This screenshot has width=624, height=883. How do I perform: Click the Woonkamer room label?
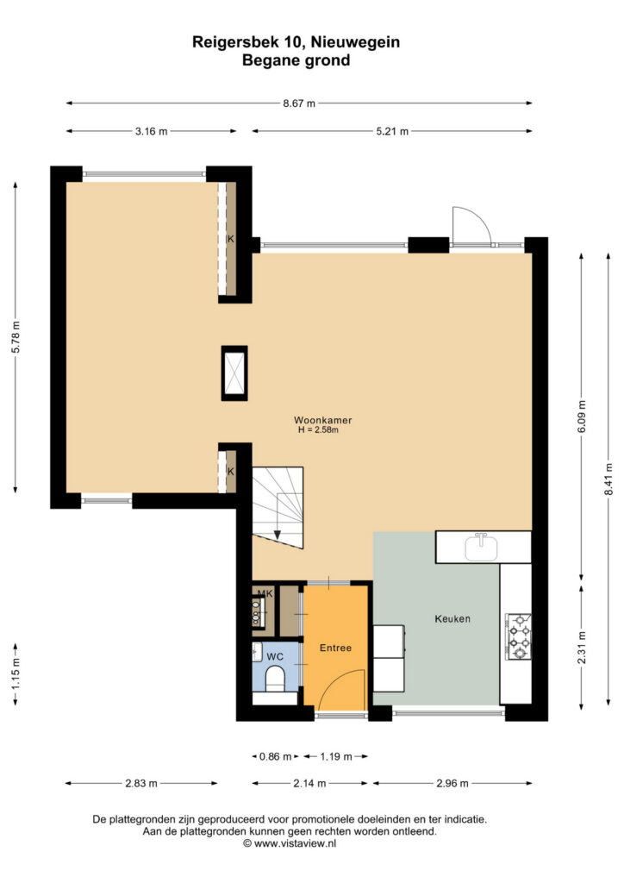pos(323,420)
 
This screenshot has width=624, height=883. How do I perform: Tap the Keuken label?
pos(452,619)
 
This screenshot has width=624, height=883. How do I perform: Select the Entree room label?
pos(335,648)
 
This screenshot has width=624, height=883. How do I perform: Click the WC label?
pos(275,656)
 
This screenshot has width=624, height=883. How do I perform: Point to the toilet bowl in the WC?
pos(275,679)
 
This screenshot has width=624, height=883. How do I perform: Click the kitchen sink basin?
pos(482,548)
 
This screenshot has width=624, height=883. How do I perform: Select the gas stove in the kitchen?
pos(518,636)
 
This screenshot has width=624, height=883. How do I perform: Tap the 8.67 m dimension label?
pos(299,103)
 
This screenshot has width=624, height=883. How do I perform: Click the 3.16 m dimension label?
pos(152,132)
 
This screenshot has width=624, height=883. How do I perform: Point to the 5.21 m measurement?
pos(392,132)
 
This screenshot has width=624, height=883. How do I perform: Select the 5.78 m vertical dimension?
pos(16,337)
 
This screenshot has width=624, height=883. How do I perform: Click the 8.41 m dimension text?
pos(608,479)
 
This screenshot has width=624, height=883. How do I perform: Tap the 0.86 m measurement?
pos(275,757)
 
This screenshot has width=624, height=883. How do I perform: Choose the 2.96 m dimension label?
pos(452,783)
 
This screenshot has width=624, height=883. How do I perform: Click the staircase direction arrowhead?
pos(278,535)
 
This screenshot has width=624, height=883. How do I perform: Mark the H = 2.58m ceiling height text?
pos(319,430)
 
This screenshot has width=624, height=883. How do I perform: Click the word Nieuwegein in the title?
pos(355,42)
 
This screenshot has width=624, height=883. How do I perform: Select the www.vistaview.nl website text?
pos(290,843)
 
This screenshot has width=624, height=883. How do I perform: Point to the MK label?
pos(265,593)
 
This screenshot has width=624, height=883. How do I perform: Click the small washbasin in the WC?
pos(257,652)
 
